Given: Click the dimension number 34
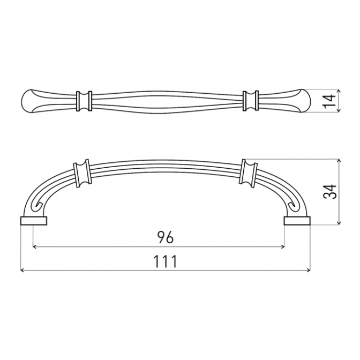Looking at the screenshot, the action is (x=329, y=191).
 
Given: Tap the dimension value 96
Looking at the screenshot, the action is (x=165, y=237).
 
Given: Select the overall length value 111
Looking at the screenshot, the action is (x=165, y=261).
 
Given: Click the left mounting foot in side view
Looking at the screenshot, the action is (x=34, y=220).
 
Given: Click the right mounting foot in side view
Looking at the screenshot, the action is (x=297, y=220).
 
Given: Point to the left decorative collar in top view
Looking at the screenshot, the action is (x=84, y=101).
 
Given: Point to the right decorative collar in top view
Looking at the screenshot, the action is (x=251, y=101).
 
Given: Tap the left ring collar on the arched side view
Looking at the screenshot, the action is (x=81, y=173).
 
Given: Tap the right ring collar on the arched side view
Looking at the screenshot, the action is (x=247, y=172).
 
